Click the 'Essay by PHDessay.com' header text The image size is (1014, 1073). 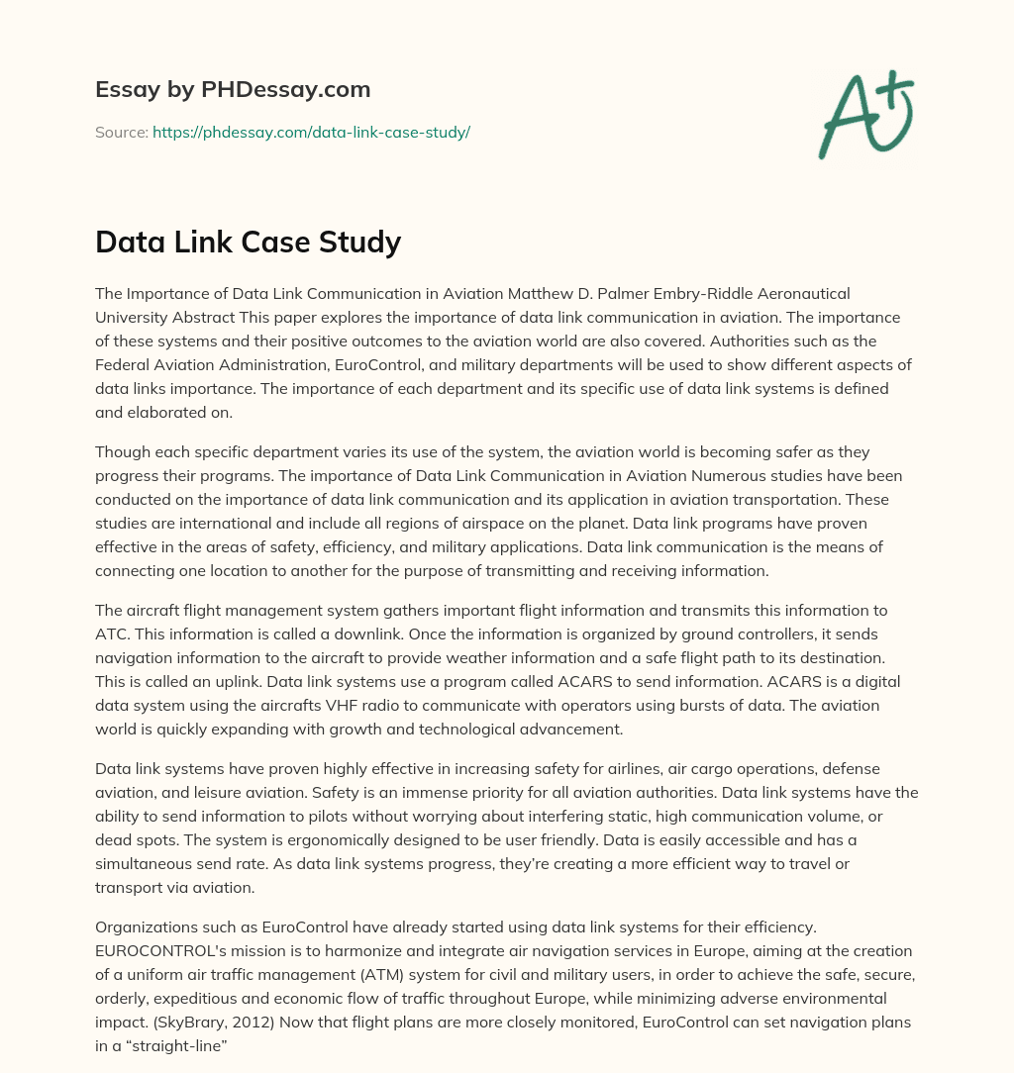click(233, 90)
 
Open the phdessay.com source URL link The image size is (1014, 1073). click(311, 132)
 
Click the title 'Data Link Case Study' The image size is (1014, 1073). click(248, 242)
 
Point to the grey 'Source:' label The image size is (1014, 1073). click(121, 132)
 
